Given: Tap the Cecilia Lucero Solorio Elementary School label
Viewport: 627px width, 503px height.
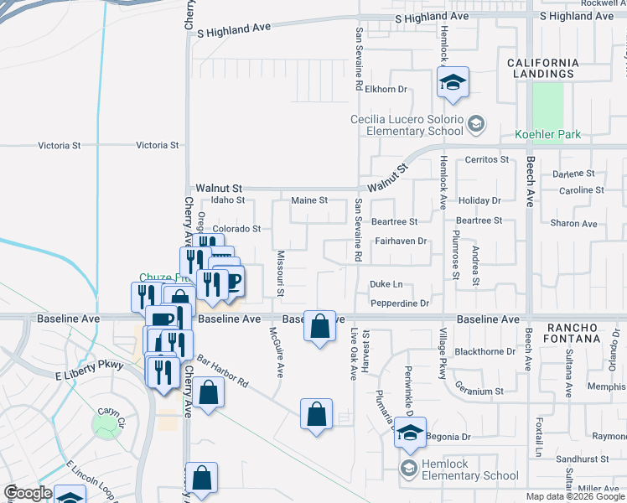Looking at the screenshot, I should click(x=407, y=125).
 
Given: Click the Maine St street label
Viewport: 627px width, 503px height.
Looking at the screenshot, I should click(x=308, y=200).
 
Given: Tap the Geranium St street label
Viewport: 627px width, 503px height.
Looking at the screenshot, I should click(x=479, y=391).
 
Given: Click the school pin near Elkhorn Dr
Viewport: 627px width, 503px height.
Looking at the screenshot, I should click(x=453, y=83).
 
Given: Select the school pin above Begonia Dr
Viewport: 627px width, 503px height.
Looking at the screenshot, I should click(x=410, y=433).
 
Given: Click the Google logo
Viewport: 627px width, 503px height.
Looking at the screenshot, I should click(x=28, y=493).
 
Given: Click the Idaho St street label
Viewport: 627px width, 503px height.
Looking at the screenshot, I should click(x=227, y=200).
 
